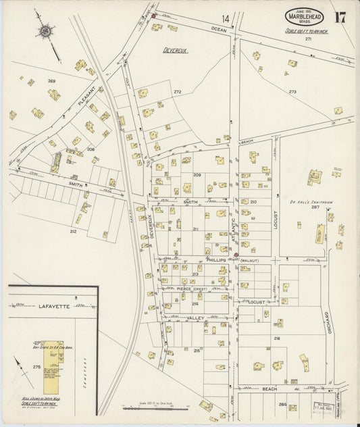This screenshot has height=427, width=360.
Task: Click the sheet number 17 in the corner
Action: pyautogui.click(x=340, y=17)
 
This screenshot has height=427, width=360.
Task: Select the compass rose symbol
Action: pyautogui.click(x=45, y=30)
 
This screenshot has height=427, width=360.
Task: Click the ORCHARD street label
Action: pyautogui.click(x=326, y=326)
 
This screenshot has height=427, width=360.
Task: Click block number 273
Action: pyautogui.click(x=292, y=91)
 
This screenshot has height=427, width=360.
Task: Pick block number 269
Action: pyautogui.click(x=51, y=81)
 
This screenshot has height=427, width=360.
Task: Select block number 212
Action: pyautogui.click(x=73, y=231)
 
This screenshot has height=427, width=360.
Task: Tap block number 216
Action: pyautogui.click(x=277, y=337)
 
